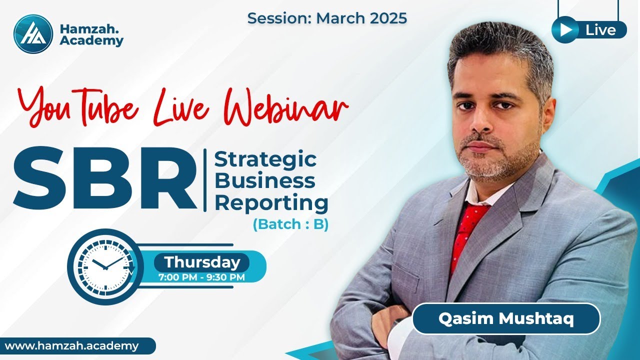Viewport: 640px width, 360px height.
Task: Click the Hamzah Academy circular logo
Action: (x=33, y=33)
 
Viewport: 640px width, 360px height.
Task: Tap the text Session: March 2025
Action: (x=327, y=18)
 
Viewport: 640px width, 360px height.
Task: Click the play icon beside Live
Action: (x=565, y=30)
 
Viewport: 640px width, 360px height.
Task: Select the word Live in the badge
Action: (x=600, y=30)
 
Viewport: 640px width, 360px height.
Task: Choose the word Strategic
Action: (x=265, y=159)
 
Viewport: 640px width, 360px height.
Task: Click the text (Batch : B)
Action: (x=290, y=224)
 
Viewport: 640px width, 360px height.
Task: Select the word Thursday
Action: (x=202, y=262)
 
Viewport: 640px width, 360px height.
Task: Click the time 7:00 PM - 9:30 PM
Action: (x=201, y=277)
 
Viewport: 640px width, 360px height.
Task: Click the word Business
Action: (x=264, y=180)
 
